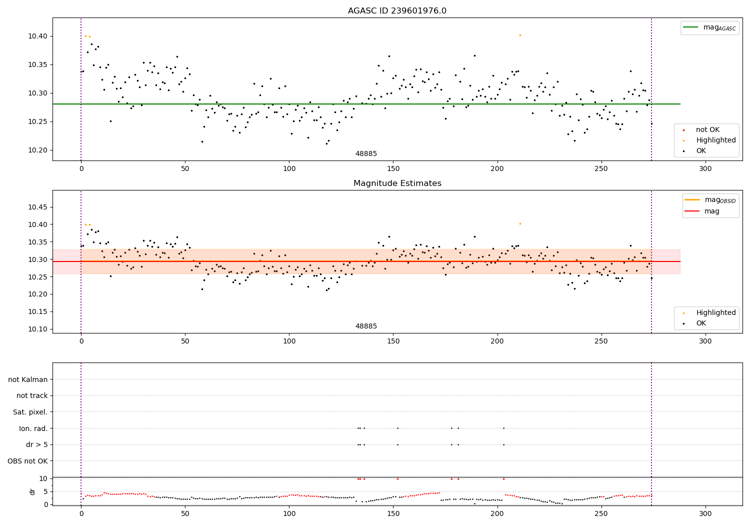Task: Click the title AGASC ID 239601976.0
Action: coord(397,11)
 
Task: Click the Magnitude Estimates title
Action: coord(397,183)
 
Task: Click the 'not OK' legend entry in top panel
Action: coord(707,130)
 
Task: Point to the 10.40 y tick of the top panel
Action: coord(38,36)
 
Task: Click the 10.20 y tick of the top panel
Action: coord(38,150)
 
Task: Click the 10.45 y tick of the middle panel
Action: coord(38,207)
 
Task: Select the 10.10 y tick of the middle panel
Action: coord(38,329)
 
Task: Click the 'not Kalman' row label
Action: coord(28,379)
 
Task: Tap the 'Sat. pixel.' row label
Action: coord(30,412)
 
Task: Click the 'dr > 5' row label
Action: coord(37,444)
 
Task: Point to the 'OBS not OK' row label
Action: coord(27,461)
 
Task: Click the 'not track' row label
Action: coord(32,396)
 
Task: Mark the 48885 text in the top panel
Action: coord(366,154)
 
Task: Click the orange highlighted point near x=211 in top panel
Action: coord(520,35)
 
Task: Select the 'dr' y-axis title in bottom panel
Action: coord(32,491)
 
